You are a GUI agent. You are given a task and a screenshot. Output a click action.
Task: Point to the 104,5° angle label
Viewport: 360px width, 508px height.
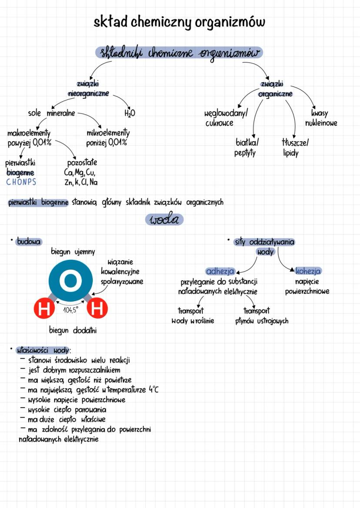[70, 310]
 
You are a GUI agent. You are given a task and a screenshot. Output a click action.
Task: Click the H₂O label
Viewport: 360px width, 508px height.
[130, 113]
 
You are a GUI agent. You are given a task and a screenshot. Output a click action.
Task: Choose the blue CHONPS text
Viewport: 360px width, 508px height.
[21, 182]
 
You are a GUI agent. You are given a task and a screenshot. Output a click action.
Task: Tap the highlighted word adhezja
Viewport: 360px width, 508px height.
[220, 272]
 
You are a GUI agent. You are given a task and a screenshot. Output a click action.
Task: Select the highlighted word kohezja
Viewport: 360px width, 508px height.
[308, 272]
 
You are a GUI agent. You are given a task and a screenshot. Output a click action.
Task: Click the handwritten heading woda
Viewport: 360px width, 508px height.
[164, 219]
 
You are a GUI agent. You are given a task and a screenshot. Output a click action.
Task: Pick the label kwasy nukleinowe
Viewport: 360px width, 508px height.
[321, 118]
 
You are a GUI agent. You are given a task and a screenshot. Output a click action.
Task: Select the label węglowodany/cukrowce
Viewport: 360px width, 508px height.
[226, 118]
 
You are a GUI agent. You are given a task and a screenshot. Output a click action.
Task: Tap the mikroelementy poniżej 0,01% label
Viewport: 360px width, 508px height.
[108, 137]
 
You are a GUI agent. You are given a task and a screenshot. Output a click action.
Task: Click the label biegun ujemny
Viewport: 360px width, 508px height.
[73, 252]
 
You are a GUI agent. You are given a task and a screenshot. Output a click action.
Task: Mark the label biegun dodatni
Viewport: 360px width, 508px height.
[73, 330]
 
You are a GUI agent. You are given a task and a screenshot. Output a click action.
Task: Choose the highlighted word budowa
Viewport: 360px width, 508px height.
[26, 241]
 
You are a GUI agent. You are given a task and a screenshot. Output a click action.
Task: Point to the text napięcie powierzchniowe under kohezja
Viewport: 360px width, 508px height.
[307, 286]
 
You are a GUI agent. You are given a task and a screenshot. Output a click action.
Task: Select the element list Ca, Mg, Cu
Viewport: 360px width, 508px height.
[80, 173]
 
